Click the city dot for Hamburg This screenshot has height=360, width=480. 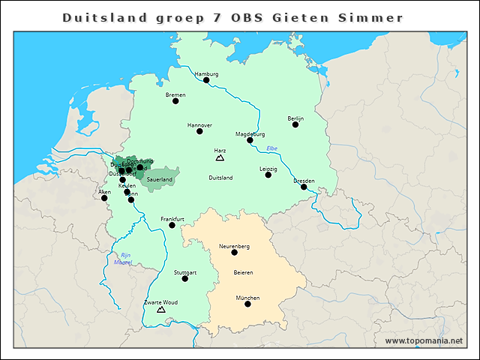tap(206, 80)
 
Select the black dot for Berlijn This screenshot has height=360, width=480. tap(295, 124)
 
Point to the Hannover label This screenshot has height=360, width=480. tap(199, 124)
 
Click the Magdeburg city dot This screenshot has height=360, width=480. tap(250, 140)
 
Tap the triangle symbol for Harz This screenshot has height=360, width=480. tap(220, 158)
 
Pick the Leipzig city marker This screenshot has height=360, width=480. tap(268, 175)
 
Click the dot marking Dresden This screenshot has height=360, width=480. tap(304, 187)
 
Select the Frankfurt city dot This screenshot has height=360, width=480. tap(172, 225)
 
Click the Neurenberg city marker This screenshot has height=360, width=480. tap(234, 253)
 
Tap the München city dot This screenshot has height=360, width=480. tap(247, 304)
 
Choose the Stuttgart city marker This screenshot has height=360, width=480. tap(184, 279)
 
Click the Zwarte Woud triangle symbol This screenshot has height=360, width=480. tap(160, 309)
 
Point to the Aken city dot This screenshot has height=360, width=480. tap(104, 198)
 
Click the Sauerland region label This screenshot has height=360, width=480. tap(160, 180)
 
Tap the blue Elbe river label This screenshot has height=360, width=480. tap(272, 148)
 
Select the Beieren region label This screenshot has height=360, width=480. tap(243, 272)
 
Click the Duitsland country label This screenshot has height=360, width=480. tap(220, 178)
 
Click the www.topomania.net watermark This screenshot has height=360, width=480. tap(424, 340)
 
